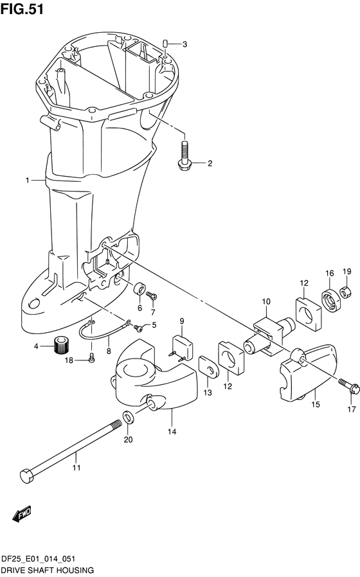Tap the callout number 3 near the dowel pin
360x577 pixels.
pos(184,44)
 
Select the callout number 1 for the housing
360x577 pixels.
pos(28,181)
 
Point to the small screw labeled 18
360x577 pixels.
pos(91,360)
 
